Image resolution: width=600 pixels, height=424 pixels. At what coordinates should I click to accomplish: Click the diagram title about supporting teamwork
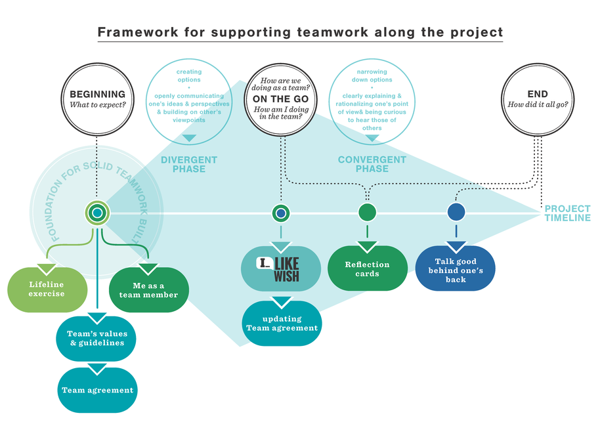(x=300, y=32)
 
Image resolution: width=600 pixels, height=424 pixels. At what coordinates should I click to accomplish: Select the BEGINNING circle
(x=97, y=100)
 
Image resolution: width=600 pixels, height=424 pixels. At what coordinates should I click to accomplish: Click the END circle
(x=537, y=100)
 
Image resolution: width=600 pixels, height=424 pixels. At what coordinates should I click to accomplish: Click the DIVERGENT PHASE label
(x=189, y=164)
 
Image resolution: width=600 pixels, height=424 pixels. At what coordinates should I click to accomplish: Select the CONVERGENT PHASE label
(x=372, y=164)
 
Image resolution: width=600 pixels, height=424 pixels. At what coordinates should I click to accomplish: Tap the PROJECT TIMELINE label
(x=567, y=213)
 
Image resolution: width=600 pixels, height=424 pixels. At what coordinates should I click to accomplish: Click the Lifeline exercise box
(x=47, y=289)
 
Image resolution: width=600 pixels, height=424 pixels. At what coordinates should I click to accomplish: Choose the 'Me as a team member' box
(x=148, y=290)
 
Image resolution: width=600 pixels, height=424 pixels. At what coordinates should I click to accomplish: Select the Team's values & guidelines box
(x=97, y=338)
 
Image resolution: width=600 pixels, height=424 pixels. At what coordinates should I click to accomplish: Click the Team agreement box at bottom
(x=97, y=390)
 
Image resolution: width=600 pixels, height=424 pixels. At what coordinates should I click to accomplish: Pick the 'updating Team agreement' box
(x=282, y=323)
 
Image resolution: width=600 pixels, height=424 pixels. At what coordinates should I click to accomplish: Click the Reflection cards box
(x=367, y=268)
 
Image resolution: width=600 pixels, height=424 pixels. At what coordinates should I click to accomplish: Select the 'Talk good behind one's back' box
(x=456, y=270)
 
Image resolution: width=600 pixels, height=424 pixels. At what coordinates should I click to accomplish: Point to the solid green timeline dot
(x=367, y=213)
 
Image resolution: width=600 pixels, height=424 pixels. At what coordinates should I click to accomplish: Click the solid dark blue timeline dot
(x=456, y=213)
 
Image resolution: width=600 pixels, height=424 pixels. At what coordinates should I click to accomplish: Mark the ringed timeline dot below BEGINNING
(x=97, y=213)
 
